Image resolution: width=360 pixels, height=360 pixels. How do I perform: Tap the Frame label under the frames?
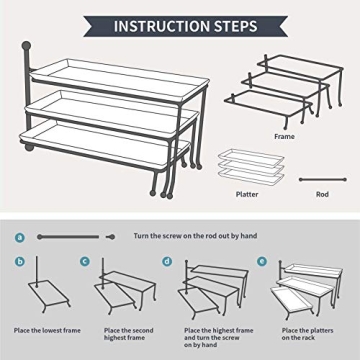[x=284, y=137]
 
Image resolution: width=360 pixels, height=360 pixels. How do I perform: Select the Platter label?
[x=247, y=194]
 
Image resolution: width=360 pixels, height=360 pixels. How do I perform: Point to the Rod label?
[x=322, y=194]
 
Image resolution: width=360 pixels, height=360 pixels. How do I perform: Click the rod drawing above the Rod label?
[x=323, y=180]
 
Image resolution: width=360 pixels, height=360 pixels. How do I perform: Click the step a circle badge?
[x=20, y=237]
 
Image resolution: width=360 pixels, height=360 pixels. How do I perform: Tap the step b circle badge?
[x=20, y=261]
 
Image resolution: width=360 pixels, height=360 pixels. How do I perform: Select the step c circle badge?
[x=85, y=261]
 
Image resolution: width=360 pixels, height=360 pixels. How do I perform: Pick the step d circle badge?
[x=167, y=261]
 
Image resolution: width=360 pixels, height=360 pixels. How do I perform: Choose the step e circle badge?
[x=262, y=261]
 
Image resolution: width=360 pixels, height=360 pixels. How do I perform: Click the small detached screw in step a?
[x=111, y=237]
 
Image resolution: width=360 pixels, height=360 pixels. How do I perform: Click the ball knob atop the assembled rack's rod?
[x=26, y=46]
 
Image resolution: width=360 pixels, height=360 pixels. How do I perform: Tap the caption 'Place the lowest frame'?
[x=47, y=331]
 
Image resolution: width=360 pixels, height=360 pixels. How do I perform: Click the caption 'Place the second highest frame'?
[x=129, y=334]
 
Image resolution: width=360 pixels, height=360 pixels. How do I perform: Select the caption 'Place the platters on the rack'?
[x=308, y=334]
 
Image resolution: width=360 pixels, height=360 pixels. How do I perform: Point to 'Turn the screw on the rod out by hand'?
[x=195, y=236]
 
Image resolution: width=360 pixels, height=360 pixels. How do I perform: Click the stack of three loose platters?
[x=251, y=166]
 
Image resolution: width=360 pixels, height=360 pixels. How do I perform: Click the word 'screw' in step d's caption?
[x=230, y=338]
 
